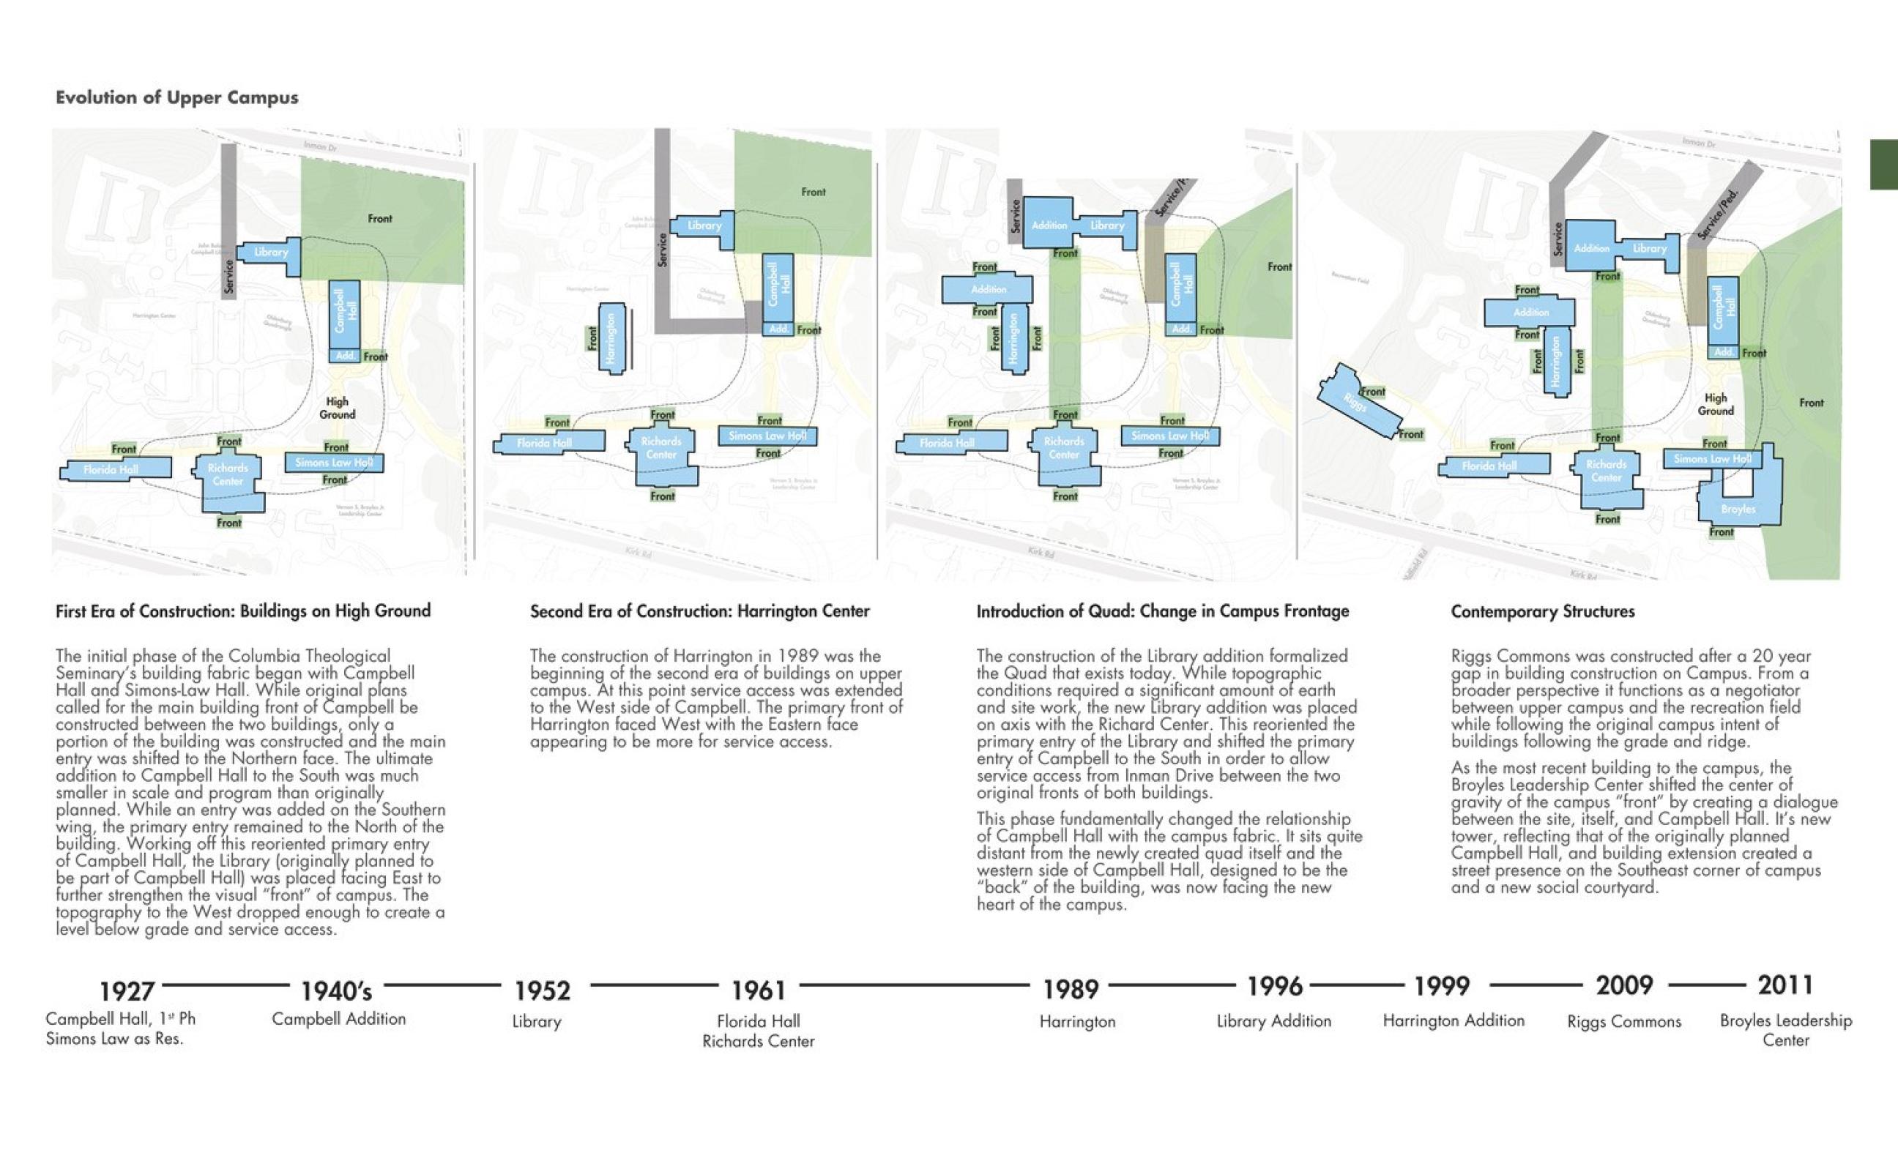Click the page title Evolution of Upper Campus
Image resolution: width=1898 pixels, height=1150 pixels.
point(176,98)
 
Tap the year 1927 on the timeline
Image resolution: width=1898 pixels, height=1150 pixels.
point(127,990)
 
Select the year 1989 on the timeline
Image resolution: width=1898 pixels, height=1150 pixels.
point(1070,989)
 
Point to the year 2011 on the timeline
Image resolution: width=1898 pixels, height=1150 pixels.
point(1785,985)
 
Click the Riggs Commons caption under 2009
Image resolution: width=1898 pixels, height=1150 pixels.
point(1624,1022)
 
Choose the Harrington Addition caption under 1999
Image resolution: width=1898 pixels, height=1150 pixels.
point(1454,1020)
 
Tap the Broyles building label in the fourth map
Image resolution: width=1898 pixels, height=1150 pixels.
point(1738,509)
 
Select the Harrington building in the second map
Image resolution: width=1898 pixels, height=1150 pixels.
point(611,339)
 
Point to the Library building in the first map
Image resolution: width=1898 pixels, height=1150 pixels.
point(269,253)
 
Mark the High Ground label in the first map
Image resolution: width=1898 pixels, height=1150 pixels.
point(338,408)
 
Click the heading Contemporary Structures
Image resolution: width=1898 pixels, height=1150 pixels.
point(1542,611)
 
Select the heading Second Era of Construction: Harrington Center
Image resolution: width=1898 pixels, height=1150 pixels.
point(699,611)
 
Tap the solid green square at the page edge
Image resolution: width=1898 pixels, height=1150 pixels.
point(1883,164)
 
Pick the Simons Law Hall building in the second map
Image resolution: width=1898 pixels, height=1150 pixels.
point(767,436)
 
